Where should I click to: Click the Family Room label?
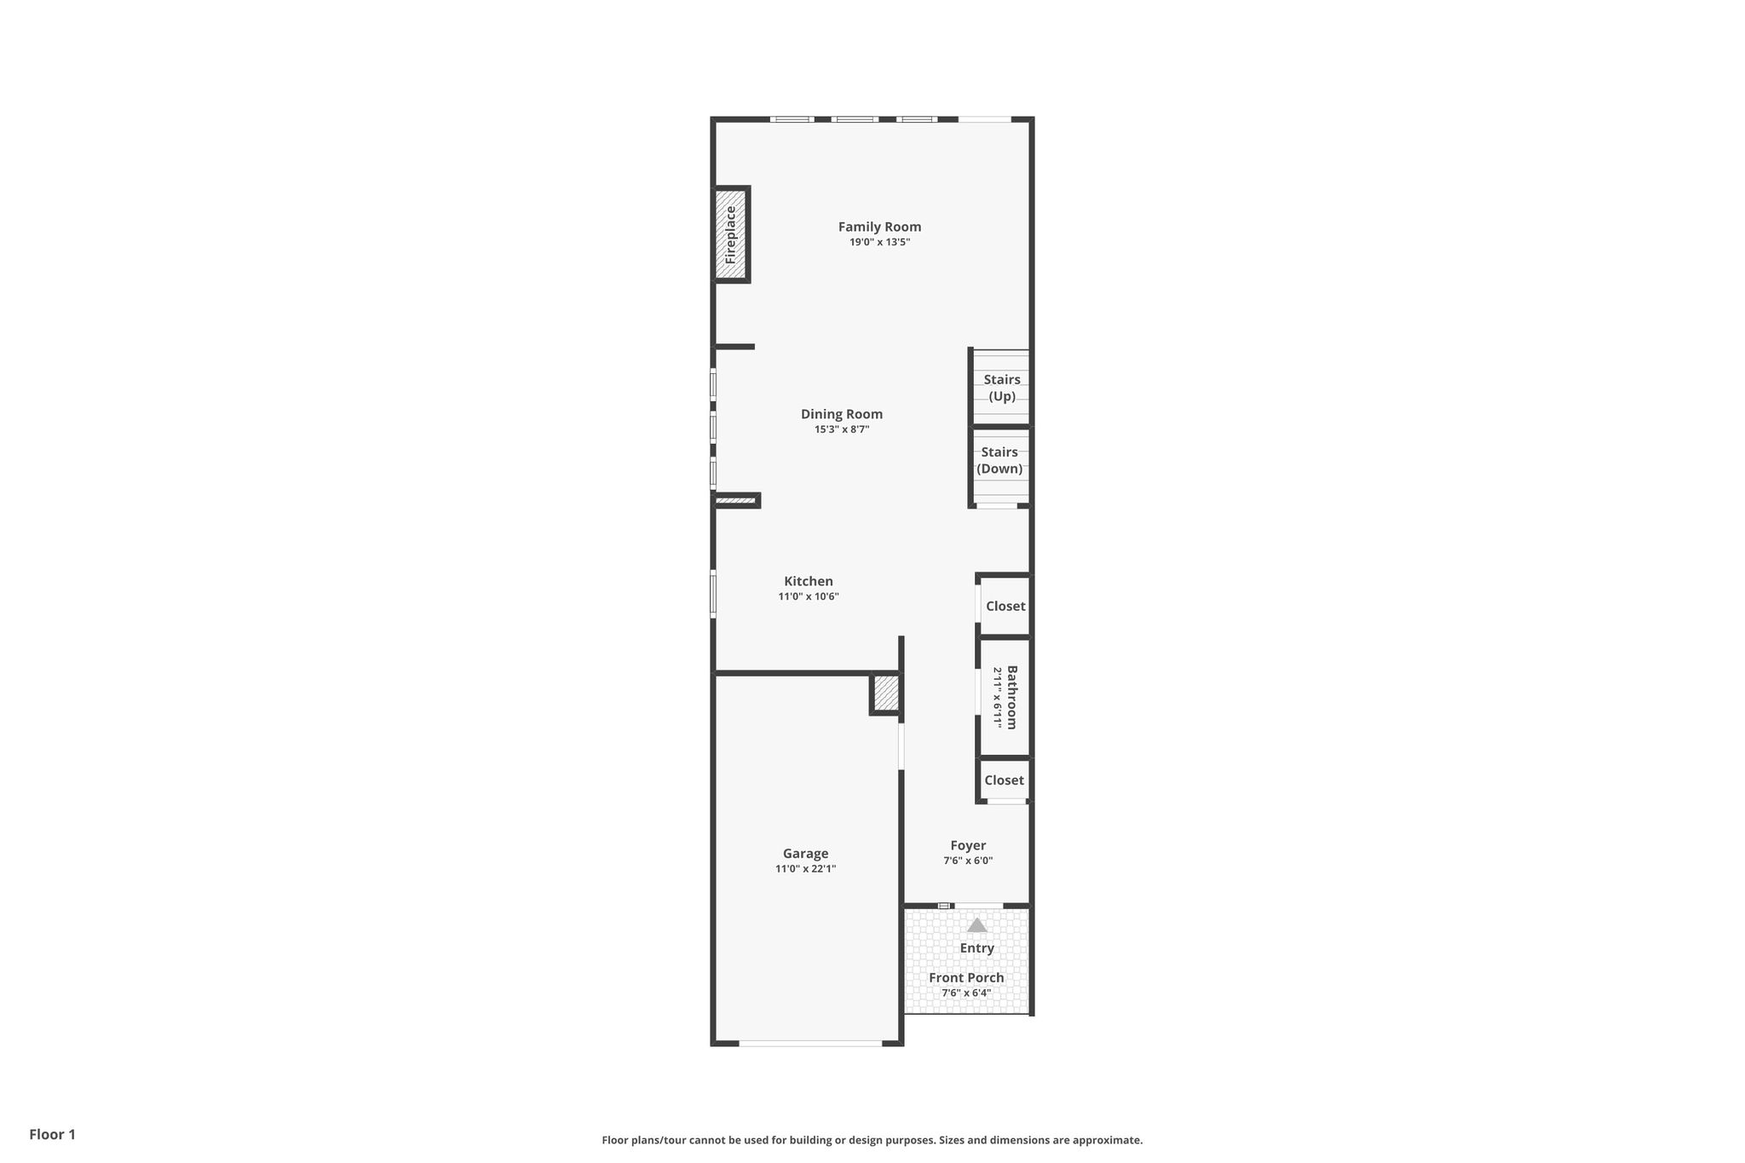pyautogui.click(x=879, y=227)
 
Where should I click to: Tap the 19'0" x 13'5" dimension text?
pyautogui.click(x=879, y=242)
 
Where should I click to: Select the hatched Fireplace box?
pyautogui.click(x=730, y=234)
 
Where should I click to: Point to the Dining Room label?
pyautogui.click(x=842, y=414)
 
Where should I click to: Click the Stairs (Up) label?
pyautogui.click(x=1002, y=388)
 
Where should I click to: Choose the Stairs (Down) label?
pyautogui.click(x=999, y=460)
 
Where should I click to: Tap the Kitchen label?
pyautogui.click(x=809, y=581)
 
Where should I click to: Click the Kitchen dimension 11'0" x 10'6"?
pyautogui.click(x=809, y=596)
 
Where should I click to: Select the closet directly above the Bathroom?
pyautogui.click(x=1005, y=606)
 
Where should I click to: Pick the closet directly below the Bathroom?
pyautogui.click(x=1005, y=780)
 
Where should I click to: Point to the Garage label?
pyautogui.click(x=805, y=854)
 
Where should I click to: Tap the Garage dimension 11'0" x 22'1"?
pyautogui.click(x=805, y=869)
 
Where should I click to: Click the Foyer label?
pyautogui.click(x=968, y=845)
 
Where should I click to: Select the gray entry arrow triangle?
pyautogui.click(x=976, y=924)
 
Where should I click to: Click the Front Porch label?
pyautogui.click(x=966, y=977)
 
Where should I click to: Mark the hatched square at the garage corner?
pyautogui.click(x=886, y=694)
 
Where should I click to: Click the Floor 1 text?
pyautogui.click(x=52, y=1135)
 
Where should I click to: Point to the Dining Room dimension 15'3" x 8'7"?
pyautogui.click(x=842, y=429)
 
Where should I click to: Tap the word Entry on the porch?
pyautogui.click(x=977, y=948)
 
